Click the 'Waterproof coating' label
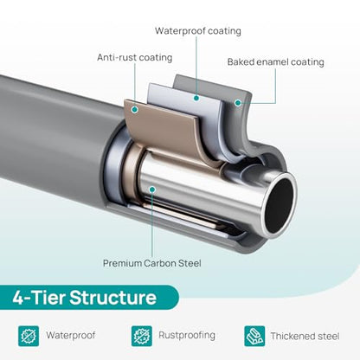pos(198,31)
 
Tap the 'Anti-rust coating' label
pos(135,57)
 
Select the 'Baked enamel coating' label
pos(275,62)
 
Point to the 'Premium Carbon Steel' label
pos(152,263)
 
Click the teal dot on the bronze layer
pos(135,109)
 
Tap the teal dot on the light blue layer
pos(196,98)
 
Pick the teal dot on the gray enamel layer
pos(238,102)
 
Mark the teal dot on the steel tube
pos(152,190)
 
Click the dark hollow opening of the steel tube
pos(280,205)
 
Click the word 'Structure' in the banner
pos(113,298)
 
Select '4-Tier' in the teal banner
pos(39,298)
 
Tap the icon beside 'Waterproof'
pos(29,336)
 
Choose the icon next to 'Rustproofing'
pos(142,336)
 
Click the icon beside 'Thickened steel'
pos(254,336)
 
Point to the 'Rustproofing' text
pos(187,335)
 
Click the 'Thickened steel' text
pos(305,336)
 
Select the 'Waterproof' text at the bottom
pos(71,336)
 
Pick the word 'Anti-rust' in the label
pos(115,57)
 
